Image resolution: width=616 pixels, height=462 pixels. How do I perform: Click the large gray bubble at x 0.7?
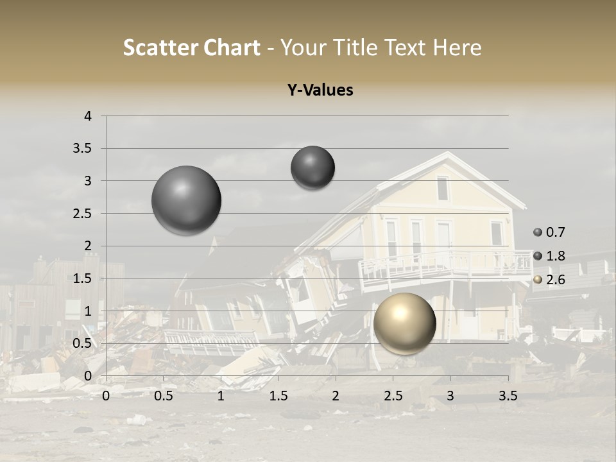tap(187, 200)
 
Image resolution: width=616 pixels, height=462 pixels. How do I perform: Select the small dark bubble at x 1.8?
tap(312, 167)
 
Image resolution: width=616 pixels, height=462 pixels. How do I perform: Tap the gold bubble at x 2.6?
tap(404, 323)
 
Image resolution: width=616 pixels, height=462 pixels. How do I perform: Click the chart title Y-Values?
tap(320, 90)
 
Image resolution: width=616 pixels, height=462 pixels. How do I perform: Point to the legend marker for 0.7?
tap(538, 232)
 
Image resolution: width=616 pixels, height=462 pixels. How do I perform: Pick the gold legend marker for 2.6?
tap(538, 280)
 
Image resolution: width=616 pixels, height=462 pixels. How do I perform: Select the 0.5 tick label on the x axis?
tap(164, 396)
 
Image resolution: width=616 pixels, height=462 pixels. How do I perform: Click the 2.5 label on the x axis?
tap(393, 396)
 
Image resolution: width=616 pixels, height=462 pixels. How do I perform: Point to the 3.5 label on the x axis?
tap(508, 396)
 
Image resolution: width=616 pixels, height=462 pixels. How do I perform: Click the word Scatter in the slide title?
tap(158, 47)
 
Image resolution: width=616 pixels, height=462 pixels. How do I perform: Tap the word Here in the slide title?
tap(458, 47)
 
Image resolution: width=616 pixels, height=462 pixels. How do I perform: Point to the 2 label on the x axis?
tap(336, 396)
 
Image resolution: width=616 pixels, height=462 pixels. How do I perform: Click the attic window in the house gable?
tap(443, 189)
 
